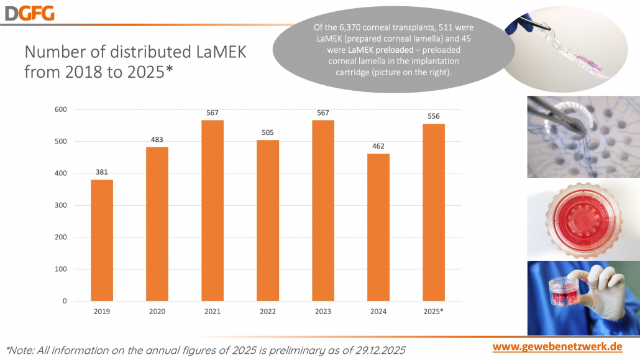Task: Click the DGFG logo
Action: [x=28, y=12]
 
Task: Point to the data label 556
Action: [x=434, y=116]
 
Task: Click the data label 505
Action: [x=268, y=132]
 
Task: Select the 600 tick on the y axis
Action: [x=61, y=109]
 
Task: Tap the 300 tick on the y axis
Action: [x=61, y=205]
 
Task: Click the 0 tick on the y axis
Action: [x=65, y=301]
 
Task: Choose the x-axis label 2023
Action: [x=323, y=311]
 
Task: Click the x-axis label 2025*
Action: [x=434, y=311]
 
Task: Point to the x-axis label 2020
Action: [x=157, y=311]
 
